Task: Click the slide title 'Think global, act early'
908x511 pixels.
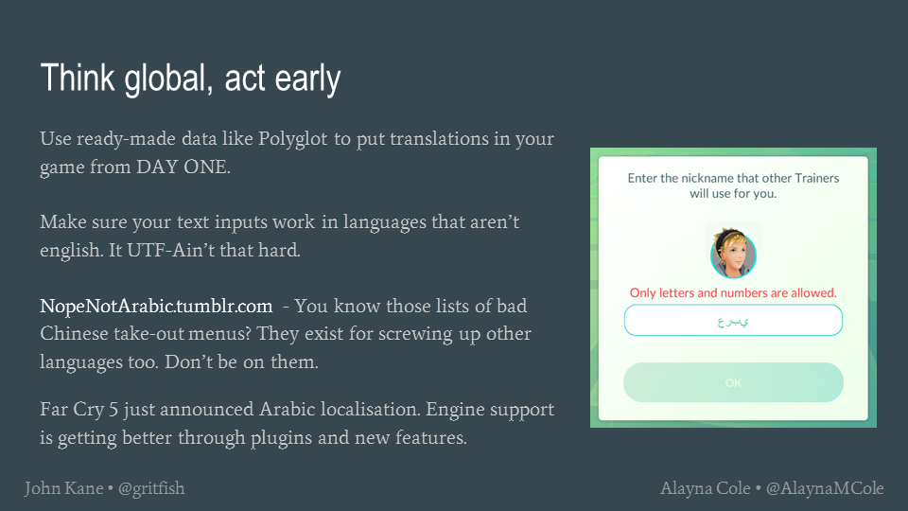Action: point(190,79)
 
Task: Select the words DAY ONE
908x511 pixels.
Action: point(182,167)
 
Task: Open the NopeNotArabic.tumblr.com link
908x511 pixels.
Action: point(156,306)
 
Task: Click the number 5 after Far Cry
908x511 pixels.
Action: point(113,410)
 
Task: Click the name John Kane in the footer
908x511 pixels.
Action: point(63,488)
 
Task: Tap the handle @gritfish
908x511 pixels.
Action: point(151,489)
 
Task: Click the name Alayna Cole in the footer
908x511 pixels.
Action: point(706,488)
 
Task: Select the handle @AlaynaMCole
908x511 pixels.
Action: point(825,489)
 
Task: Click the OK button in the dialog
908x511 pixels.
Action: point(733,382)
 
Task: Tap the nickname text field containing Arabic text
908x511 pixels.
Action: point(733,321)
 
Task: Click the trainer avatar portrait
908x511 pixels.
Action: point(733,254)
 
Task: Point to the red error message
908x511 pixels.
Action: point(733,292)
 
